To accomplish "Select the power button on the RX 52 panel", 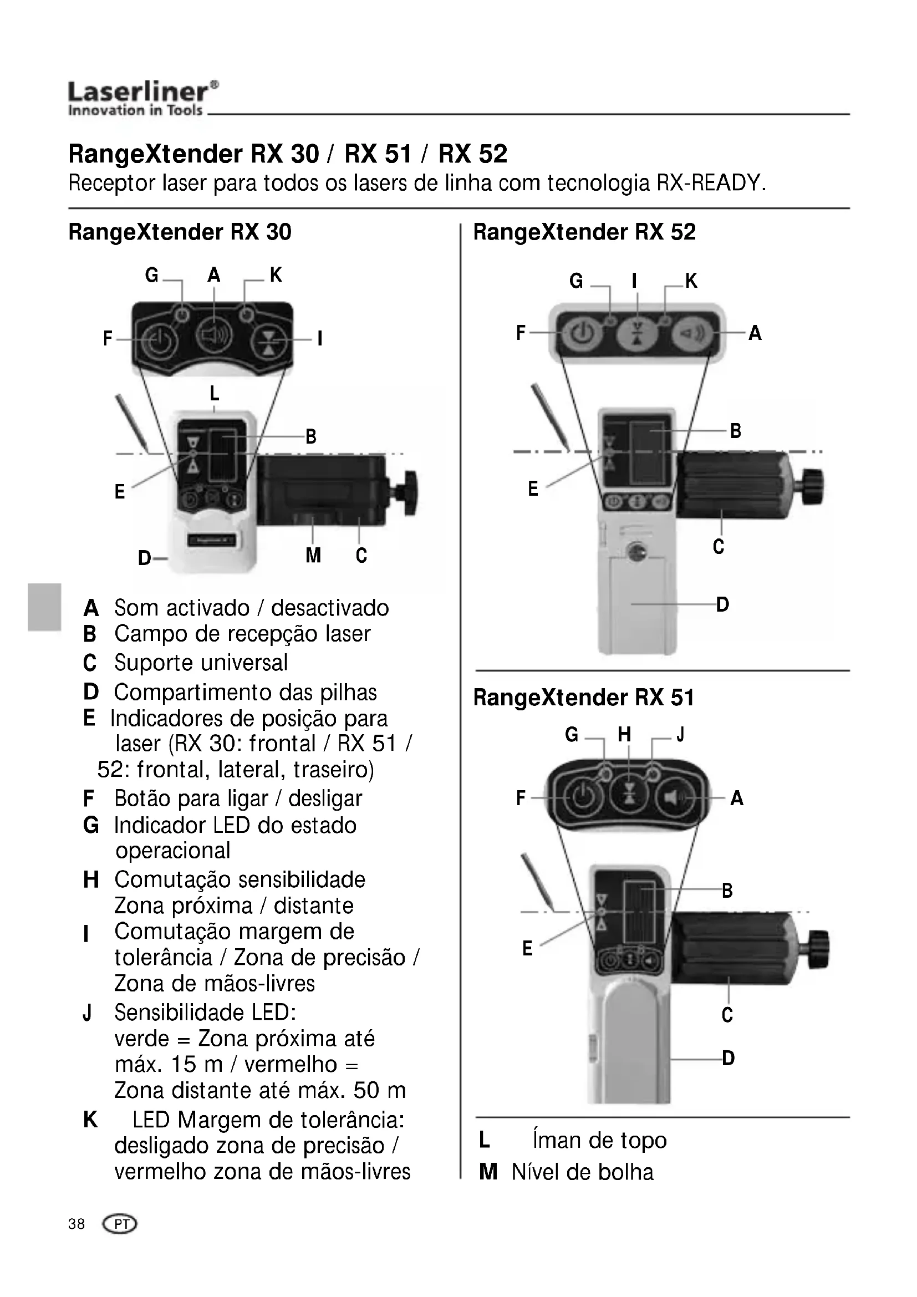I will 581,333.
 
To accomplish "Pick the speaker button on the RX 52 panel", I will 691,333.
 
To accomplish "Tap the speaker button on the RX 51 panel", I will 675,797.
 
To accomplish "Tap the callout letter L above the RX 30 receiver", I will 214,393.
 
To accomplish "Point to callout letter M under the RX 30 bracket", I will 313,556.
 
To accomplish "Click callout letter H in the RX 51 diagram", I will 624,734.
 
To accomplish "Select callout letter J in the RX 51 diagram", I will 680,734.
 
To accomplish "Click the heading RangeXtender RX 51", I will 583,698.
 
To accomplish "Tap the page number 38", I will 76,1224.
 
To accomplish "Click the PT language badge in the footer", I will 120,1224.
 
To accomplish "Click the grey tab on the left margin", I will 44,607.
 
